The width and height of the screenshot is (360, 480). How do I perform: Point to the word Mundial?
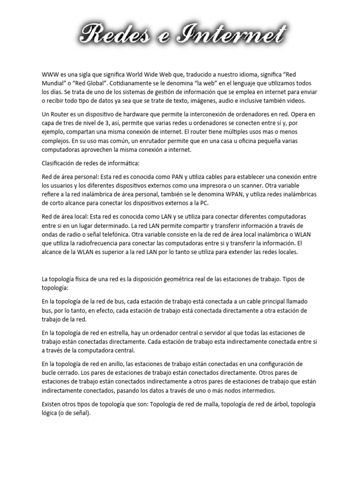[52, 83]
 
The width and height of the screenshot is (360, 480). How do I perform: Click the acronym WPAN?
[255, 194]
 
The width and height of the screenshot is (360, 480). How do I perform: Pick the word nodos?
[235, 390]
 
